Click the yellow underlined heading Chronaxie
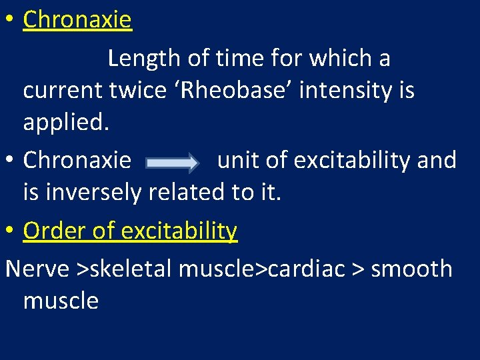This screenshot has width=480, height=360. tap(77, 20)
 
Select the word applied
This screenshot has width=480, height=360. tap(65, 122)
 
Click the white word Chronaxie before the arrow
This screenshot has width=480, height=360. tap(77, 161)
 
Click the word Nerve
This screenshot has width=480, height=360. tap(37, 269)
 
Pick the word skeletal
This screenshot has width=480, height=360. tap(132, 269)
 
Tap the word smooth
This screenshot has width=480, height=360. tap(411, 269)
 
